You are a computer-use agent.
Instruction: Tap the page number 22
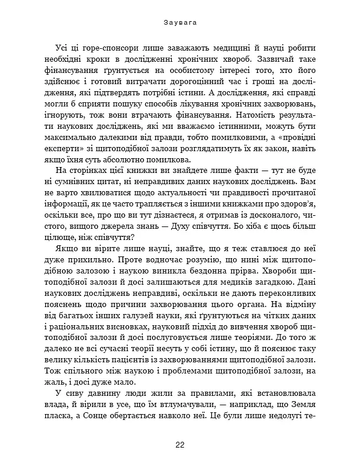click(180, 445)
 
